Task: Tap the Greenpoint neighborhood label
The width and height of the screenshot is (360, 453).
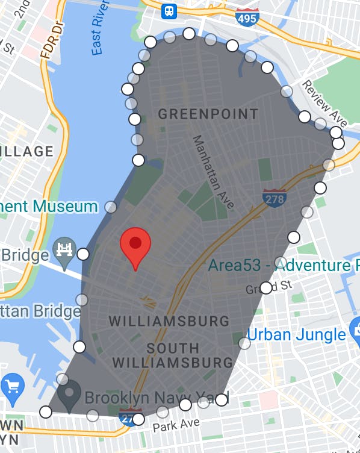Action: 208,114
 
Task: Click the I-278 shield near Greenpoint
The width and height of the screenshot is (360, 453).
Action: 274,198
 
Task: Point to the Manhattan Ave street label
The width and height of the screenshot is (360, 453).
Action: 213,172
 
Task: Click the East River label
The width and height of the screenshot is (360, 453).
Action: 100,36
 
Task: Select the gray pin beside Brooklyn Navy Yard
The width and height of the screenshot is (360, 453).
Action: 69,395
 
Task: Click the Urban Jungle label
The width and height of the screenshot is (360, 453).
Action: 295,334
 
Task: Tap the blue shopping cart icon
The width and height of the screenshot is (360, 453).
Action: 13,386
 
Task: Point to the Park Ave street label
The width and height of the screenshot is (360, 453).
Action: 175,425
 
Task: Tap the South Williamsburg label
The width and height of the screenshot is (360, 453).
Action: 172,355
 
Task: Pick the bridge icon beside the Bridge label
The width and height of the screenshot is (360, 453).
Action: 63,249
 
